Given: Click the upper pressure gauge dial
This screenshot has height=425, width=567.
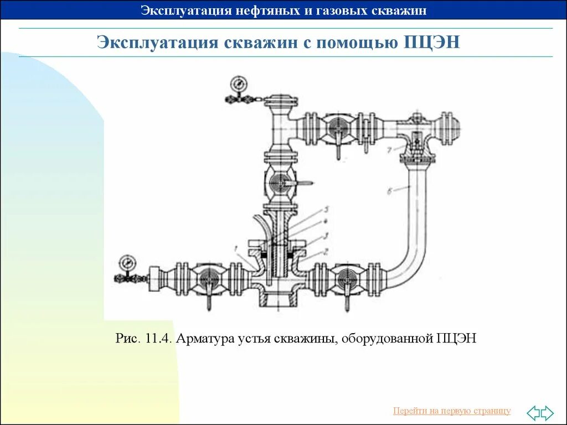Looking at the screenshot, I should tap(239, 84).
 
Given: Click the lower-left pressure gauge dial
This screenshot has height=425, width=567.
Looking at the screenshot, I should tap(128, 261).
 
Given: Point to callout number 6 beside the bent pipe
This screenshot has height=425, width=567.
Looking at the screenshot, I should tap(390, 191).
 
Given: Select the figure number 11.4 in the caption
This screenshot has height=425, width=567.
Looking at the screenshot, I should tap(158, 338).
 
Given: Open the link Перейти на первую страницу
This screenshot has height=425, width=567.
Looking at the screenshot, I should tap(452, 411).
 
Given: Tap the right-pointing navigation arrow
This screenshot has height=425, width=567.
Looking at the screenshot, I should tap(547, 412).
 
